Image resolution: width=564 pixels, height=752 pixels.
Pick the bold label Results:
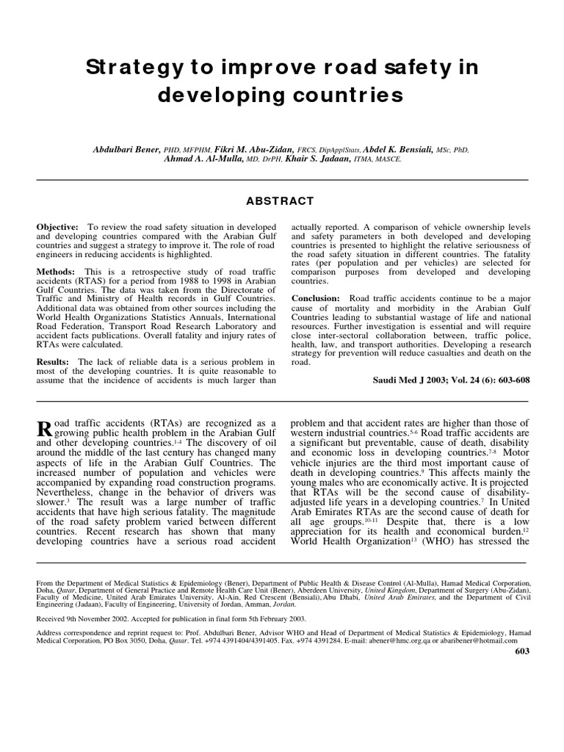(53, 361)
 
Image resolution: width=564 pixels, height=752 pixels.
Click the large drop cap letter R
(44, 431)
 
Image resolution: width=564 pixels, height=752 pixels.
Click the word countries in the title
(344, 95)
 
